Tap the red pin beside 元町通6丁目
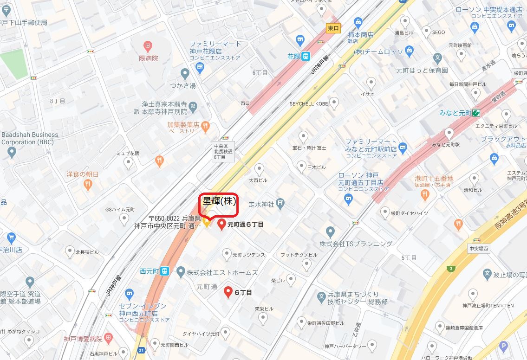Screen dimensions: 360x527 [x=222, y=225]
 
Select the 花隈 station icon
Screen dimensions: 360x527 [x=305, y=57]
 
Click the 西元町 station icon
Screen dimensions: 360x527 [x=164, y=272]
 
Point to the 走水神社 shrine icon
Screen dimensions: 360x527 [x=280, y=203]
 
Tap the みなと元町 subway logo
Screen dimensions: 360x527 [x=476, y=113]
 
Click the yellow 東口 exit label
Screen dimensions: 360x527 [x=333, y=28]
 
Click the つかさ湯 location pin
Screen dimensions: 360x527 [x=185, y=73]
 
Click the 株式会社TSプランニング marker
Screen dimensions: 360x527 [x=330, y=231]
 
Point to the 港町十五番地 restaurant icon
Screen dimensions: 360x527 [x=424, y=195]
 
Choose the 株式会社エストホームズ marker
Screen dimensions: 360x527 [x=181, y=272]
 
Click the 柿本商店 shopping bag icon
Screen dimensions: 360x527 [x=358, y=22]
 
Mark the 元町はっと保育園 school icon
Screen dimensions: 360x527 [x=437, y=59]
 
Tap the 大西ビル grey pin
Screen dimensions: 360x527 [x=260, y=169]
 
